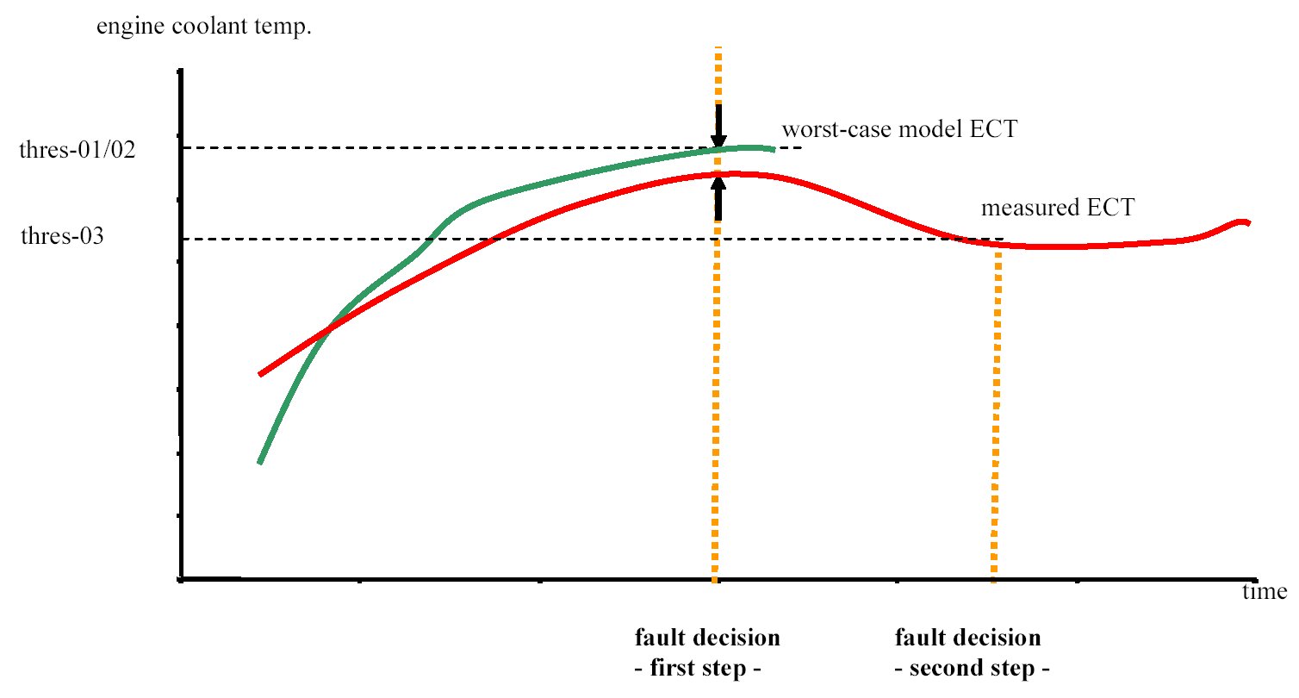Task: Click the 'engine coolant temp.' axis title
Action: [204, 28]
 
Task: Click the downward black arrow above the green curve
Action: [718, 125]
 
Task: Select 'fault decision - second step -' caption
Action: [968, 652]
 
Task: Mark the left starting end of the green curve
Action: [259, 463]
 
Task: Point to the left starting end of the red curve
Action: [260, 374]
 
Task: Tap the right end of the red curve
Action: [1248, 223]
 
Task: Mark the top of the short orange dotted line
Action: [998, 255]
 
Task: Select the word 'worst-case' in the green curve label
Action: [822, 131]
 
